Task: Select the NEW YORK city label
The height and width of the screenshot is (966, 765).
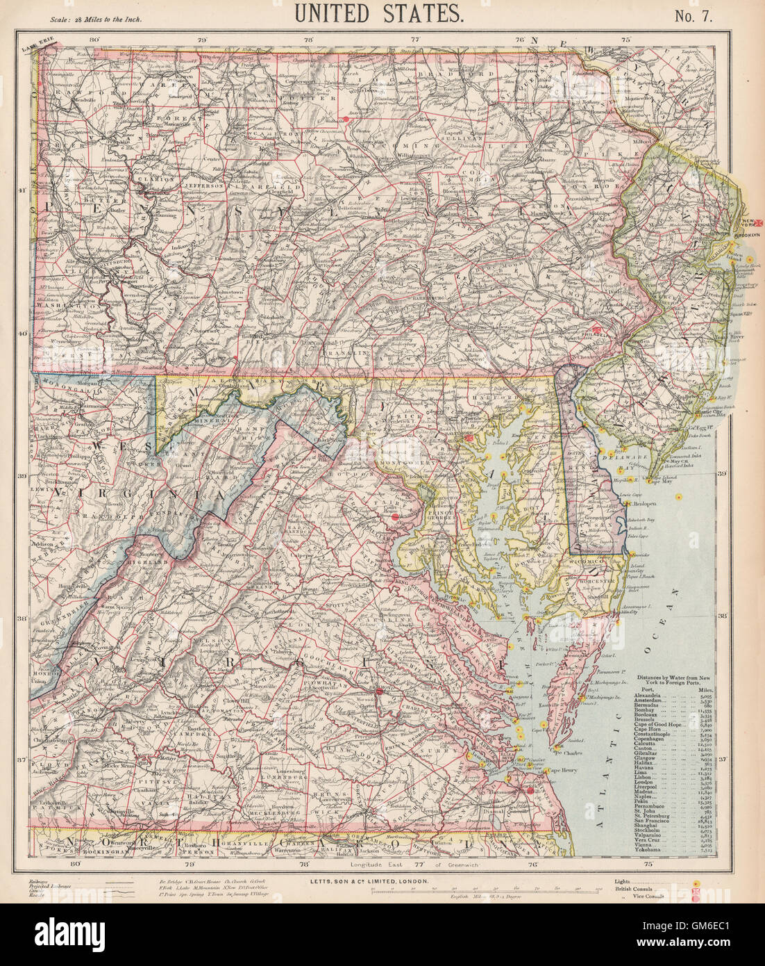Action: click(x=746, y=224)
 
